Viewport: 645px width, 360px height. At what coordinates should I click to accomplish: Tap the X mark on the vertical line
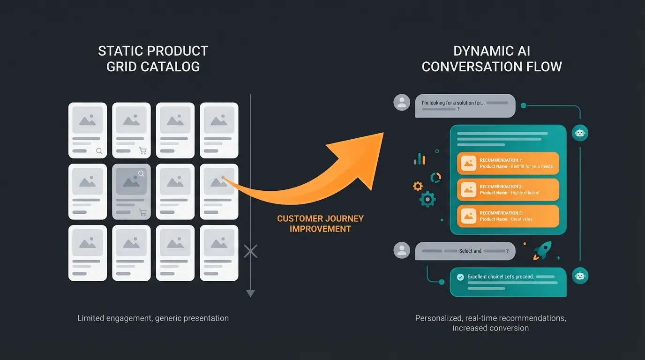tap(251, 251)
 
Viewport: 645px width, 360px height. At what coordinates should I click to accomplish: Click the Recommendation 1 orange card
tap(508, 163)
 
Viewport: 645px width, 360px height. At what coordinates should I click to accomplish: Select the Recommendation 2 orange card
tap(508, 189)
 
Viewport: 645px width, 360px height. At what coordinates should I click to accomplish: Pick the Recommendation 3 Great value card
tap(508, 216)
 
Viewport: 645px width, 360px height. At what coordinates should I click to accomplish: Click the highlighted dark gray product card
tap(131, 191)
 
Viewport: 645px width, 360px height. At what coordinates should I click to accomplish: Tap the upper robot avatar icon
tap(580, 133)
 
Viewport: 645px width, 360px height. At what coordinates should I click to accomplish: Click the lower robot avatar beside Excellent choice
tap(580, 276)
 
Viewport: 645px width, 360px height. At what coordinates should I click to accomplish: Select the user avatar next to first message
tap(401, 103)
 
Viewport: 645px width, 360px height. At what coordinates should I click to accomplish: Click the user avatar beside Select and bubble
tap(401, 250)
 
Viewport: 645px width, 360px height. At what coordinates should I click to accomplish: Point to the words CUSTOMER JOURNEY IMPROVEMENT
tap(320, 224)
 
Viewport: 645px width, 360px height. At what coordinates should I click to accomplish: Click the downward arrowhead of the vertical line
tap(251, 293)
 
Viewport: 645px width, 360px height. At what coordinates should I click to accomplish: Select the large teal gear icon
tap(427, 199)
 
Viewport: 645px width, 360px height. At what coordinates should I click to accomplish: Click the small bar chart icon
tap(420, 159)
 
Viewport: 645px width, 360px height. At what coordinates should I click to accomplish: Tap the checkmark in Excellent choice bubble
tap(460, 277)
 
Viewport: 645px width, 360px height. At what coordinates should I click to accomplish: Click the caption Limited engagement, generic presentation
tap(153, 318)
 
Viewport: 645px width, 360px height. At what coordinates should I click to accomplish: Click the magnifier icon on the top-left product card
tap(99, 151)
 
